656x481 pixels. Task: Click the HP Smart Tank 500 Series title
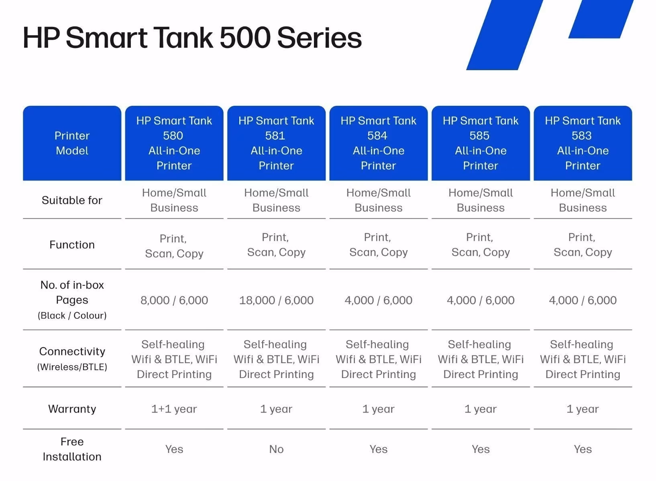pyautogui.click(x=192, y=38)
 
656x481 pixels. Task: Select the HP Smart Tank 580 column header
pyautogui.click(x=174, y=143)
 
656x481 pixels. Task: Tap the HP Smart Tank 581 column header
pyautogui.click(x=276, y=143)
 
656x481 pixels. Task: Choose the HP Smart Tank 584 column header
pyautogui.click(x=378, y=143)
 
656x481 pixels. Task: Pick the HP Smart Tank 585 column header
pyautogui.click(x=481, y=143)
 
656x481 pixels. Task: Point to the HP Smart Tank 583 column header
pyautogui.click(x=583, y=143)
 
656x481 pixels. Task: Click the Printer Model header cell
pyautogui.click(x=72, y=143)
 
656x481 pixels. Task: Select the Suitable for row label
pyautogui.click(x=72, y=200)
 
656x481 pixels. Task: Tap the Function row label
pyautogui.click(x=72, y=245)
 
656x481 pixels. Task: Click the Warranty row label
pyautogui.click(x=72, y=409)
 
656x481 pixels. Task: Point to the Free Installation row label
pyautogui.click(x=72, y=449)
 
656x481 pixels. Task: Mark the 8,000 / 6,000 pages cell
pyautogui.click(x=174, y=300)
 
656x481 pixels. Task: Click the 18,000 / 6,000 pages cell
pyautogui.click(x=276, y=300)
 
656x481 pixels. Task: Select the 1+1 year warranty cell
pyautogui.click(x=174, y=409)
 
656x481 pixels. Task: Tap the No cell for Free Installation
pyautogui.click(x=276, y=449)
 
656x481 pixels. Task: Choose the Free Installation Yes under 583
pyautogui.click(x=583, y=449)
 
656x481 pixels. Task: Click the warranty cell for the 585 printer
pyautogui.click(x=481, y=409)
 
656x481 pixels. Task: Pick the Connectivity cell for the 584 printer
pyautogui.click(x=378, y=360)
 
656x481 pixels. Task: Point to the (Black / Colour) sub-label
pyautogui.click(x=72, y=315)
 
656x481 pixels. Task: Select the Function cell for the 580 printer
pyautogui.click(x=174, y=246)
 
